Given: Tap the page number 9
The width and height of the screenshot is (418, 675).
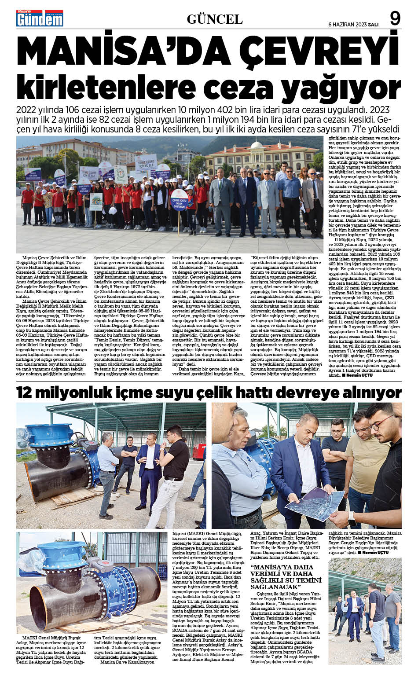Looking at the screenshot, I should click(395, 18).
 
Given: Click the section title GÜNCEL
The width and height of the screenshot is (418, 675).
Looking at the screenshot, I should click(214, 19).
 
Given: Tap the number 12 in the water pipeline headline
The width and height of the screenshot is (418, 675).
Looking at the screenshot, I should click(26, 392).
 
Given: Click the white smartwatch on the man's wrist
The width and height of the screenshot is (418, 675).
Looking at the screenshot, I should click(352, 517).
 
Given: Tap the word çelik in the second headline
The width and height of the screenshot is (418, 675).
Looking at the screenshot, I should click(225, 392).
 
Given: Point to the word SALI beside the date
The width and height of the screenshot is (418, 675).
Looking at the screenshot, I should click(373, 24).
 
